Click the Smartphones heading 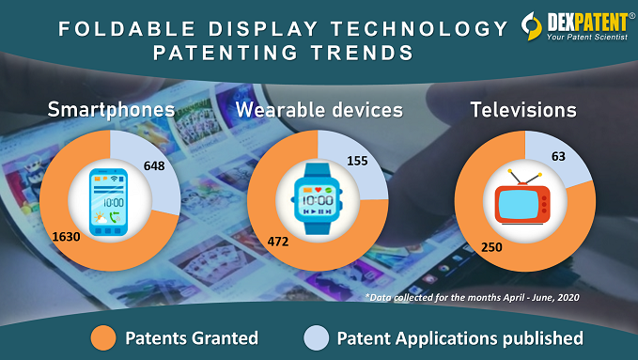[111, 111]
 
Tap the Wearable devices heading [319, 111]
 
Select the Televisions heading [523, 110]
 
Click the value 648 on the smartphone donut [156, 166]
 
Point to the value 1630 [67, 237]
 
